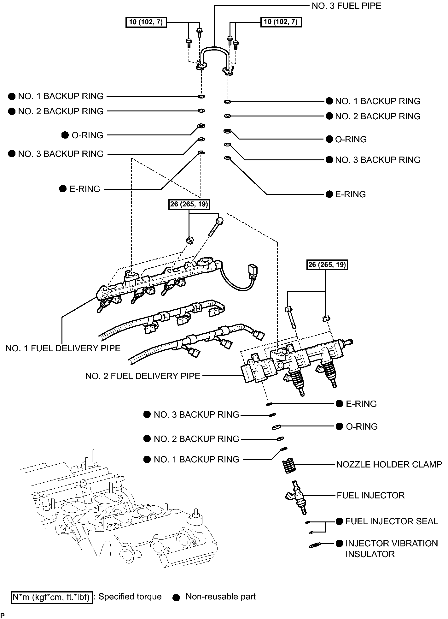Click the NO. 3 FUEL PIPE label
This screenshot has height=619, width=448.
(346, 6)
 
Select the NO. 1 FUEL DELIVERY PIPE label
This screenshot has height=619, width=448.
(63, 348)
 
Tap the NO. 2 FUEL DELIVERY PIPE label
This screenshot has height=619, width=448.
(143, 376)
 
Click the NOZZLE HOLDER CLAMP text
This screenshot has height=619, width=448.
(389, 464)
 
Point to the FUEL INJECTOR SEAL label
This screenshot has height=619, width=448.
(392, 521)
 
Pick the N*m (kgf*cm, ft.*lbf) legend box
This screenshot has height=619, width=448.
(52, 597)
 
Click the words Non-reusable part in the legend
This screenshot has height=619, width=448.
(220, 597)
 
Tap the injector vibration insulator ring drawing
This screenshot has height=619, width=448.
(315, 545)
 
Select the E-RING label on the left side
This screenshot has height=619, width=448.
(84, 189)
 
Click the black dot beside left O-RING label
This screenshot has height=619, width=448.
(65, 135)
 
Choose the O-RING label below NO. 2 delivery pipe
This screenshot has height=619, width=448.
(362, 426)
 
